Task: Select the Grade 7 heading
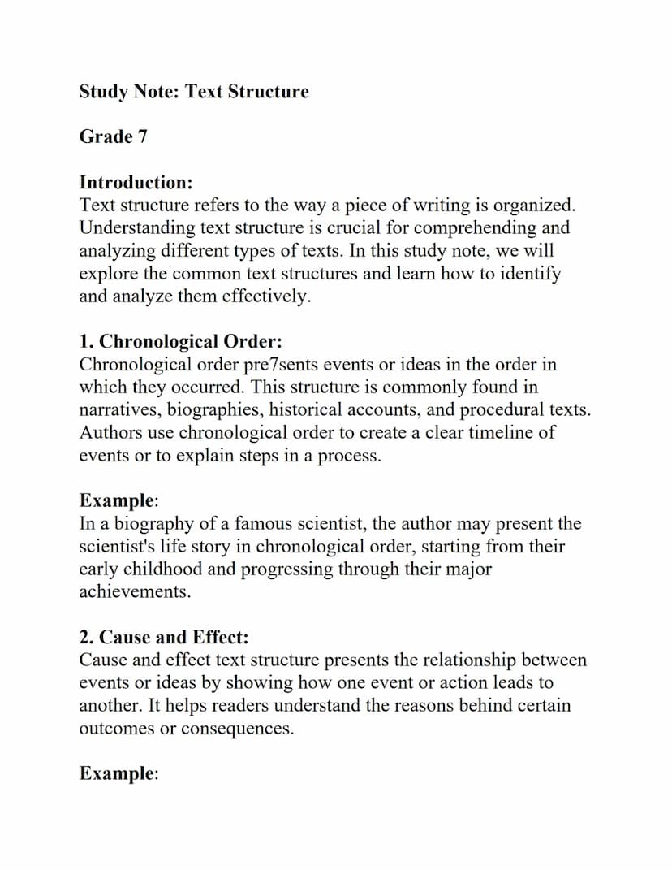click(x=113, y=136)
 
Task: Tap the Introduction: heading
click(x=136, y=182)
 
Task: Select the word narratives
click(x=116, y=409)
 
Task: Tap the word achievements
click(x=135, y=592)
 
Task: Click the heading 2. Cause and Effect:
click(x=163, y=637)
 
